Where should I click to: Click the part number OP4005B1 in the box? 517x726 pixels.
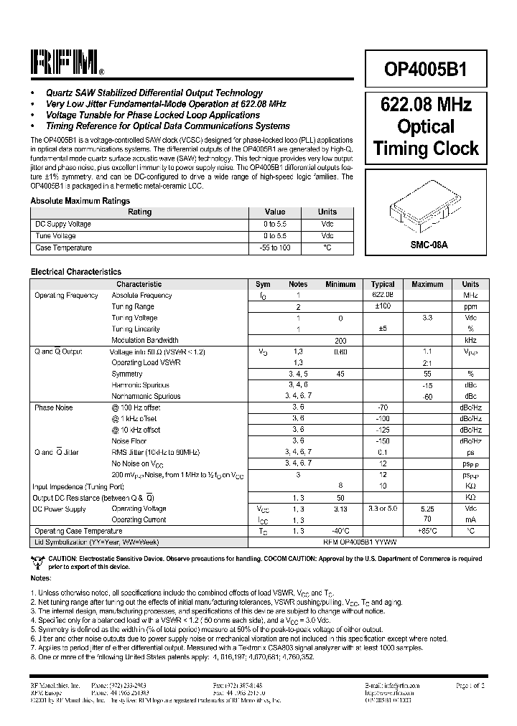(427, 70)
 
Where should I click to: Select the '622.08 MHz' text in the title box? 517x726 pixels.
(427, 105)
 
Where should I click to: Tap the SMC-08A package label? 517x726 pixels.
(427, 245)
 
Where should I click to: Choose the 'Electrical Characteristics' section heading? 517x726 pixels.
(75, 272)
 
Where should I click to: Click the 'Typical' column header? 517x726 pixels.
(383, 284)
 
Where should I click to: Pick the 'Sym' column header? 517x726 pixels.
(264, 284)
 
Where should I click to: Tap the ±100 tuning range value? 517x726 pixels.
(383, 306)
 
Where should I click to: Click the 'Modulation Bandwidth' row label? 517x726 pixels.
(144, 340)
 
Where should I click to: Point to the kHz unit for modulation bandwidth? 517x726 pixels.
(470, 340)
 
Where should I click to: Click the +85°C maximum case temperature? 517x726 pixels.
(427, 531)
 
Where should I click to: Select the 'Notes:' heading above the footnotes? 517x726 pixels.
(40, 577)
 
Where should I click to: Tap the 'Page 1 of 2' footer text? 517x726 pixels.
(470, 686)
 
